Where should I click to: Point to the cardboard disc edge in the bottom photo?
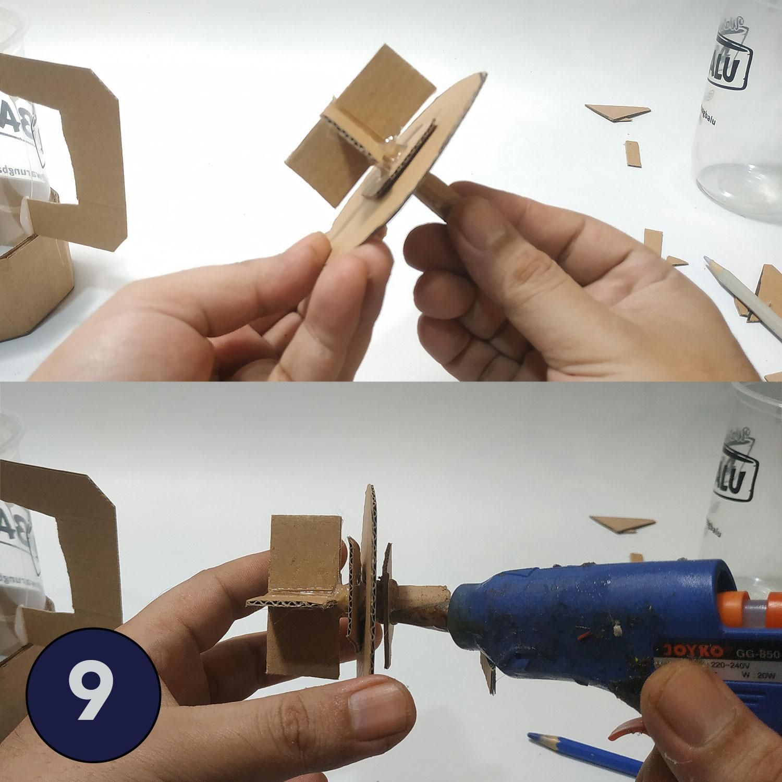coord(371,573)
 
